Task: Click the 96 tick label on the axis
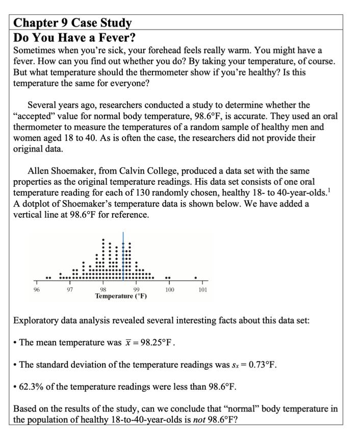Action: pos(36,290)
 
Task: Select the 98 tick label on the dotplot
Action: pos(103,290)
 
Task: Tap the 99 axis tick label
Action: pos(136,290)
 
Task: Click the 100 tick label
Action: pos(169,290)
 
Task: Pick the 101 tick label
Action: pos(202,290)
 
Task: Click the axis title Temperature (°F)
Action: pos(121,296)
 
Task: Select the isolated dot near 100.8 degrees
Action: pos(195,278)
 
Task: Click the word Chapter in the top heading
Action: pos(37,23)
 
